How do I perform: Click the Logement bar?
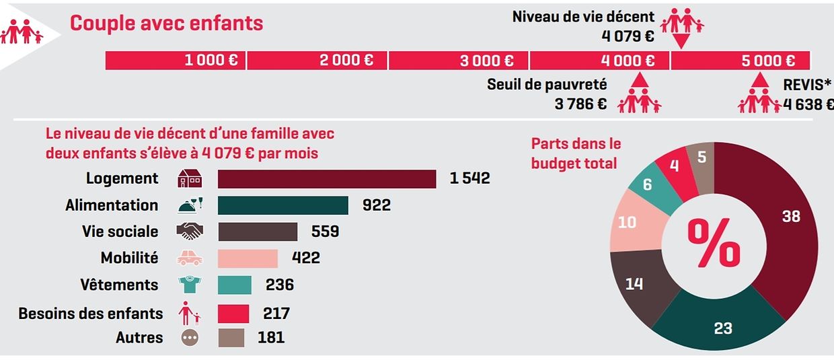[327, 179]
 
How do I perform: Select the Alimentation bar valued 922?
[282, 205]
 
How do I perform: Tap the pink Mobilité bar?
[248, 258]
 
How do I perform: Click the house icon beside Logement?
[190, 179]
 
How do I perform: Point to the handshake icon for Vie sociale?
[189, 231]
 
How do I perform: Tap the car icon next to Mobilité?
[189, 258]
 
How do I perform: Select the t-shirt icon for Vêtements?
[189, 285]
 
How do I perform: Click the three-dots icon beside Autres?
[189, 337]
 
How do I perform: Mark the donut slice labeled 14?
[636, 283]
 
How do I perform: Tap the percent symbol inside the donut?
[714, 244]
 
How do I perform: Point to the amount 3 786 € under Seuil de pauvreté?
[580, 104]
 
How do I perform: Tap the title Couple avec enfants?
[167, 24]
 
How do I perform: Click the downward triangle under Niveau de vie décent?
[682, 41]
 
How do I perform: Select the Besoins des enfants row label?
[90, 314]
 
